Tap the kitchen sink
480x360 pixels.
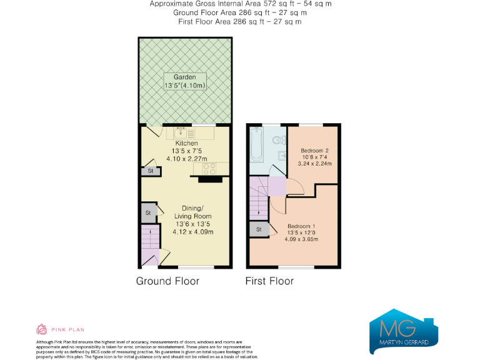pyautogui.click(x=181, y=131)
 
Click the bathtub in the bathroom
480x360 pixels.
pyautogui.click(x=256, y=144)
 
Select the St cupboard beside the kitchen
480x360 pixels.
pyautogui.click(x=149, y=170)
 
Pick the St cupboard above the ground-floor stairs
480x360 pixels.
pyautogui.click(x=148, y=213)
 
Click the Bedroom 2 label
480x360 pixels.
pyautogui.click(x=316, y=151)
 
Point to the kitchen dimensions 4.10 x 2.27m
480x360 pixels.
pyautogui.click(x=186, y=159)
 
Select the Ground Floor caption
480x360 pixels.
pyautogui.click(x=167, y=281)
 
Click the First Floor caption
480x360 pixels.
pyautogui.click(x=269, y=281)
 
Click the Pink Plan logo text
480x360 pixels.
pyautogui.click(x=66, y=329)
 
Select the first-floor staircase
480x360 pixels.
pyautogui.click(x=257, y=197)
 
